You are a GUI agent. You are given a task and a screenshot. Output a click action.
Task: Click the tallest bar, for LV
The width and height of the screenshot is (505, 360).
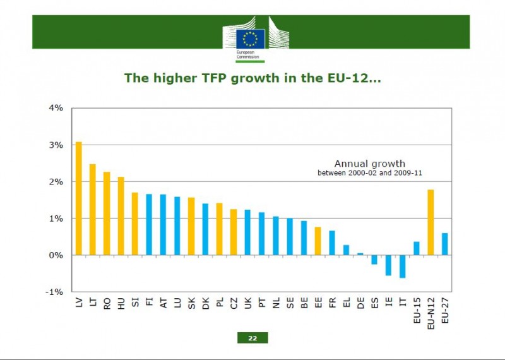[79, 198]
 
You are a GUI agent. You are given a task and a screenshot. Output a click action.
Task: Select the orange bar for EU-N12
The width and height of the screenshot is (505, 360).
[431, 222]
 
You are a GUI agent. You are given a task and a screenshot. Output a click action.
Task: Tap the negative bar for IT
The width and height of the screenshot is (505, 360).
[402, 266]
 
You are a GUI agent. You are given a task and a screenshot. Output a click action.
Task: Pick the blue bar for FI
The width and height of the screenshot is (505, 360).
[149, 224]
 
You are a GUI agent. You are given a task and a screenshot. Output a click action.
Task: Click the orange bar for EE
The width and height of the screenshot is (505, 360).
[318, 241]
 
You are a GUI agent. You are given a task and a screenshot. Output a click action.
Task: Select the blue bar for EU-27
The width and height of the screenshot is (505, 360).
[444, 244]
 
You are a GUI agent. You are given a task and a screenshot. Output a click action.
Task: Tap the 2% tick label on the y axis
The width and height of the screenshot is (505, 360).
[56, 182]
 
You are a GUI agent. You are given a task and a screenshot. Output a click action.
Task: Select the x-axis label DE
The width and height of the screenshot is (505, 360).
[360, 303]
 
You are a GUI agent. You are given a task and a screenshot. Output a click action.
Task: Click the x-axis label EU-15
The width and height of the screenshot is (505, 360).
[417, 309]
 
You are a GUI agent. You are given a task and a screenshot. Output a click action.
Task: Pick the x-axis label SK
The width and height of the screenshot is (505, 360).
[191, 303]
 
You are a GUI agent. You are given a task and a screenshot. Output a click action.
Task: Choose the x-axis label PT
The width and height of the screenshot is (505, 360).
[262, 303]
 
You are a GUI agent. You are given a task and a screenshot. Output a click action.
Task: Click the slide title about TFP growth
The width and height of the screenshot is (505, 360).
[252, 78]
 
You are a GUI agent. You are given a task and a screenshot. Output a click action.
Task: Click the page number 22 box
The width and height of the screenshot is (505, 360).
[252, 338]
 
